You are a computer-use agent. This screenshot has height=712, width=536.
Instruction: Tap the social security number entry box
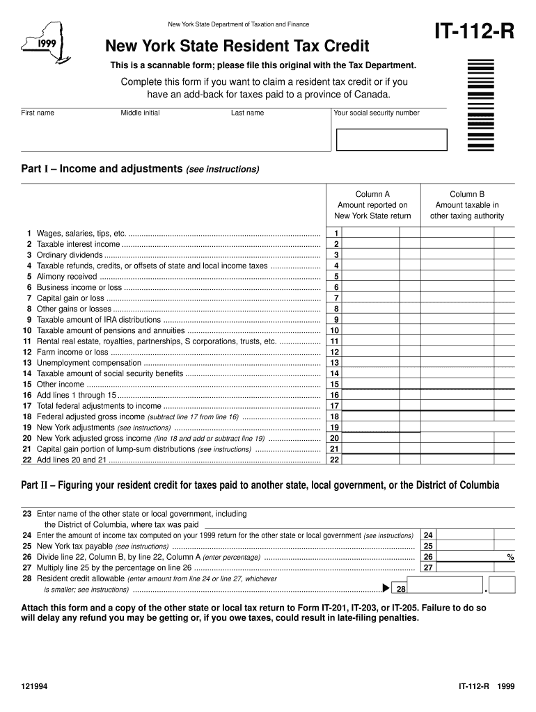tap(391, 139)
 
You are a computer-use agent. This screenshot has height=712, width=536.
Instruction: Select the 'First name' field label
tap(38, 113)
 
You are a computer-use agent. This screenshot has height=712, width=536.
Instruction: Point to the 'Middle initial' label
tap(140, 113)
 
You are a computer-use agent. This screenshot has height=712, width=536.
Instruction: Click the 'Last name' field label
tap(247, 113)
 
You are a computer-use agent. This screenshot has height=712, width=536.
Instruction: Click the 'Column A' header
tap(372, 194)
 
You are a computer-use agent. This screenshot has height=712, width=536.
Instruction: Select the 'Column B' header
tap(466, 194)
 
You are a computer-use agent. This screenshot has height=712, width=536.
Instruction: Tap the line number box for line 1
tap(336, 234)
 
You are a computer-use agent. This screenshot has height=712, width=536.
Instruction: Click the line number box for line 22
tap(335, 460)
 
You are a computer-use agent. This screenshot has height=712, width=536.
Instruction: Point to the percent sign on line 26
tap(510, 557)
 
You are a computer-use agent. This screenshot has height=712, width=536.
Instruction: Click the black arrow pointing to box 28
tap(386, 589)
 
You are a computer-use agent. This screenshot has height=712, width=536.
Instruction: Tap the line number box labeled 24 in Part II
tap(428, 535)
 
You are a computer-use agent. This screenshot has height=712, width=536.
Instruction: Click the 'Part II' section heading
tap(260, 485)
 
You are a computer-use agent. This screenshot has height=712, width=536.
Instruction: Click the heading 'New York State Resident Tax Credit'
tap(237, 47)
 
